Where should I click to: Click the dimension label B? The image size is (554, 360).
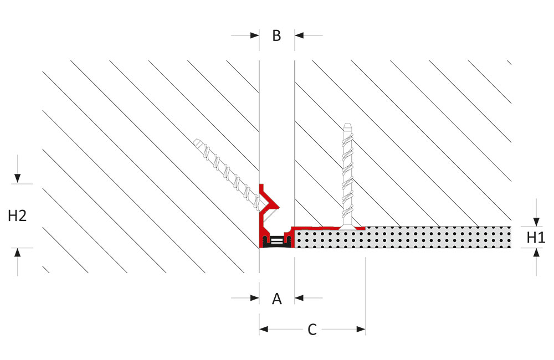[x=276, y=35]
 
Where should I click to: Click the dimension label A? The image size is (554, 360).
[x=276, y=299]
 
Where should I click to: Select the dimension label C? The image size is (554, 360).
[x=312, y=330]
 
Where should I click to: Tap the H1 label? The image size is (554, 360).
[x=536, y=238]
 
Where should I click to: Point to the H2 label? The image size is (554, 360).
[x=17, y=215]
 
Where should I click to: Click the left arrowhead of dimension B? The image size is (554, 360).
[x=255, y=35]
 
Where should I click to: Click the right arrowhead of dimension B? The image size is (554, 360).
[x=299, y=35]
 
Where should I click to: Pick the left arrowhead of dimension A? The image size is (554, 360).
[x=255, y=298]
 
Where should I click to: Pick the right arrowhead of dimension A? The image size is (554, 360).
[x=299, y=298]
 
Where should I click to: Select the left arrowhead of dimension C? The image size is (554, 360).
[x=264, y=330]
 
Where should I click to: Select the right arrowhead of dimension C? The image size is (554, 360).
[x=361, y=330]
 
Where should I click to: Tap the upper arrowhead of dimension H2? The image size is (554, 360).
[x=17, y=179]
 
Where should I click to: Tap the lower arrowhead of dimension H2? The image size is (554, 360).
[x=17, y=252]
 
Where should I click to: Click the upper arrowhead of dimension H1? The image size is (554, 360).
[x=536, y=222]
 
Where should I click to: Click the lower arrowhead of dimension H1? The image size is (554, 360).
[x=536, y=252]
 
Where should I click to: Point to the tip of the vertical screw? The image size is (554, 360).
[x=348, y=124]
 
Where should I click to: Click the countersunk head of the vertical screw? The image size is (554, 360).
[x=348, y=227]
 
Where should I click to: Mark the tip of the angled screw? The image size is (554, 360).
[x=196, y=141]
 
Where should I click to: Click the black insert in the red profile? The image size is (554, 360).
[x=276, y=241]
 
